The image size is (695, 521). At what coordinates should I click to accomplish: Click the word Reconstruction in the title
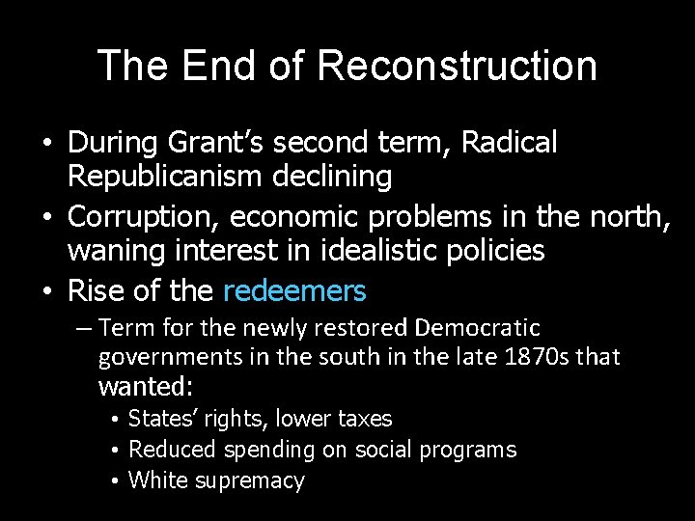tap(457, 66)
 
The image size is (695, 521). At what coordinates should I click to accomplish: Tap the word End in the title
tap(209, 66)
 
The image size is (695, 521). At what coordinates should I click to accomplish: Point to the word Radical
tap(510, 143)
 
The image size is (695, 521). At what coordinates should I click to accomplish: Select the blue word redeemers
tap(294, 290)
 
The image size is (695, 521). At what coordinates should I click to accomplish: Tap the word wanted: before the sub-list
tap(146, 388)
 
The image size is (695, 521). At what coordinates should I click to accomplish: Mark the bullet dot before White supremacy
tap(114, 481)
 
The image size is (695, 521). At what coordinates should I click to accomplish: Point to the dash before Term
tap(84, 329)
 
